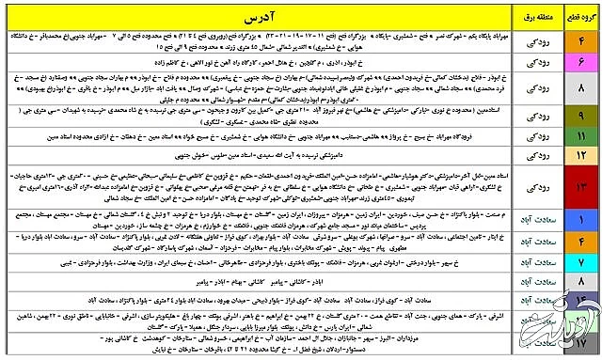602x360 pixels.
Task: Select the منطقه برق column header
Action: pos(534,17)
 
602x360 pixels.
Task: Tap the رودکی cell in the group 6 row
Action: pos(534,61)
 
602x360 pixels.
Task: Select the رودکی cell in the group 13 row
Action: pos(534,188)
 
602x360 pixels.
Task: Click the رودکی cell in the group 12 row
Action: pos(534,152)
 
